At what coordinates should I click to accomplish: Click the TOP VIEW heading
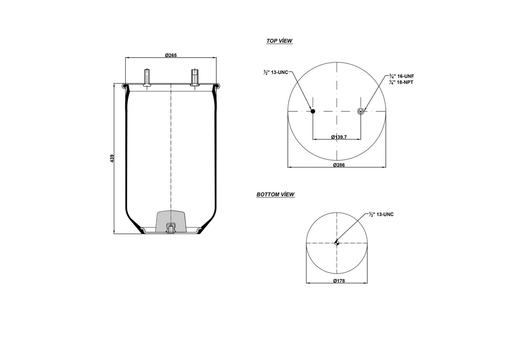[279, 41]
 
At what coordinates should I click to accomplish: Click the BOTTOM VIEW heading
[275, 194]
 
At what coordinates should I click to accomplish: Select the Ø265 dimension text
[170, 55]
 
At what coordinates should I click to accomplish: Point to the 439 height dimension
[112, 158]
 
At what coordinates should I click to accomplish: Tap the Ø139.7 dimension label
[339, 137]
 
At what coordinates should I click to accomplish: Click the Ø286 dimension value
[338, 165]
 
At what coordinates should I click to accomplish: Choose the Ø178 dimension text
[338, 281]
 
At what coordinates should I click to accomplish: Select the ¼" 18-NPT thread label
[402, 82]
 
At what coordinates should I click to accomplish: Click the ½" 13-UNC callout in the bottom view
[382, 214]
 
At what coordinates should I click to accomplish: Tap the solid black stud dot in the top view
[313, 111]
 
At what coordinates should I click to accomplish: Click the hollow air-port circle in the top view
[361, 111]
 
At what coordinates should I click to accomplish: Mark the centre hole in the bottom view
[337, 243]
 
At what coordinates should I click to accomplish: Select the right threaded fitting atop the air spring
[195, 78]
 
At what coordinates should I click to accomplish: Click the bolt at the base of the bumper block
[170, 229]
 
